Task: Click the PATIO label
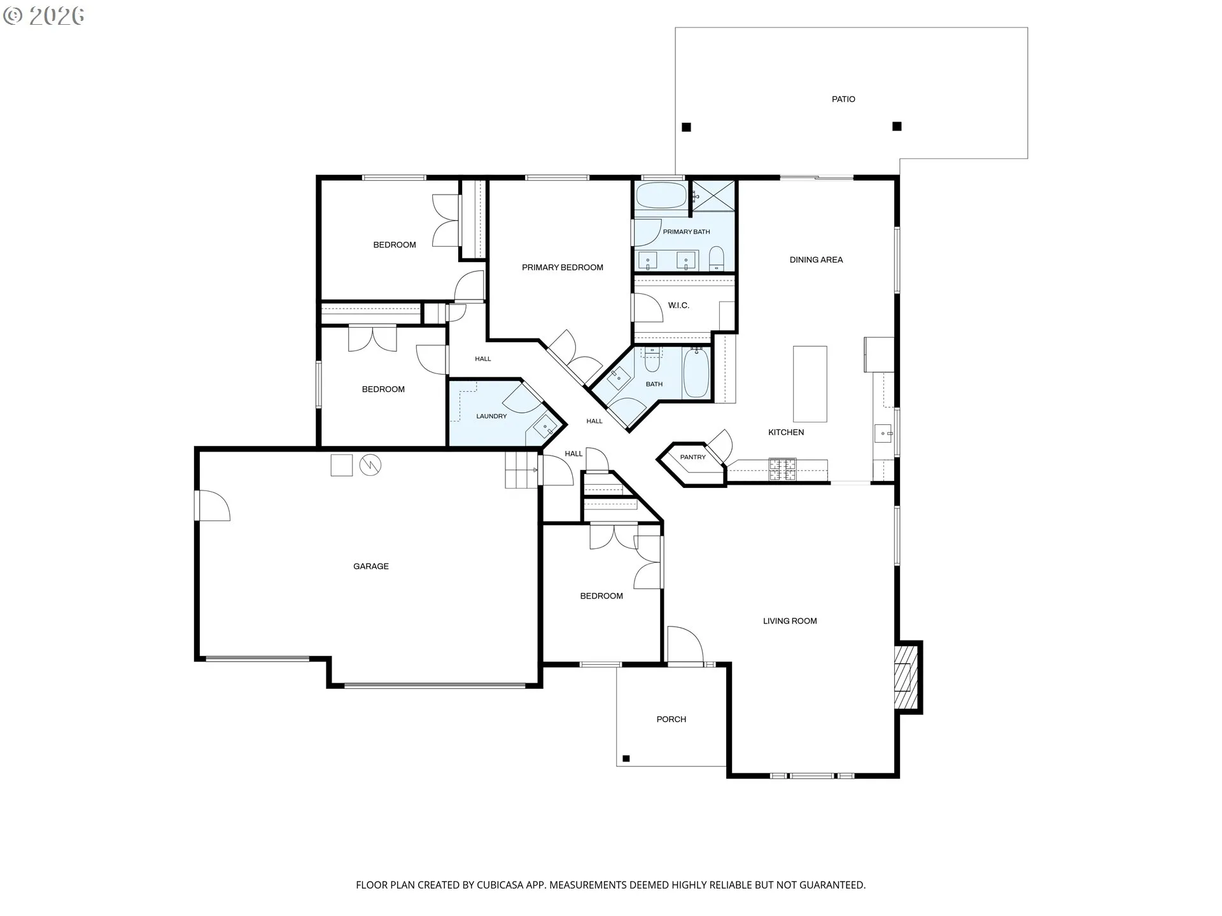[x=843, y=99]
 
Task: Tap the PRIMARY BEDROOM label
[x=563, y=268]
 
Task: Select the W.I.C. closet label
[x=678, y=305]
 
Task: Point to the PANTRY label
[x=692, y=457]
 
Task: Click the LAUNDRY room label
[x=491, y=417]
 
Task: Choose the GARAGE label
[x=371, y=566]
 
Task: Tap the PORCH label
[x=671, y=719]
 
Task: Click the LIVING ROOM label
[x=790, y=621]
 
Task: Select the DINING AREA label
[x=816, y=260]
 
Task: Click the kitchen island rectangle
[x=810, y=384]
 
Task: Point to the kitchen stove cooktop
[x=782, y=469]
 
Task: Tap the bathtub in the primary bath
[x=661, y=195]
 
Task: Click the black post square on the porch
[x=626, y=758]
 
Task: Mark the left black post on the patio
[x=686, y=127]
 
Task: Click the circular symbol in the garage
[x=370, y=466]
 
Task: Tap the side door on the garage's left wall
[x=214, y=506]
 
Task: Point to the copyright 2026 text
[x=44, y=16]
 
